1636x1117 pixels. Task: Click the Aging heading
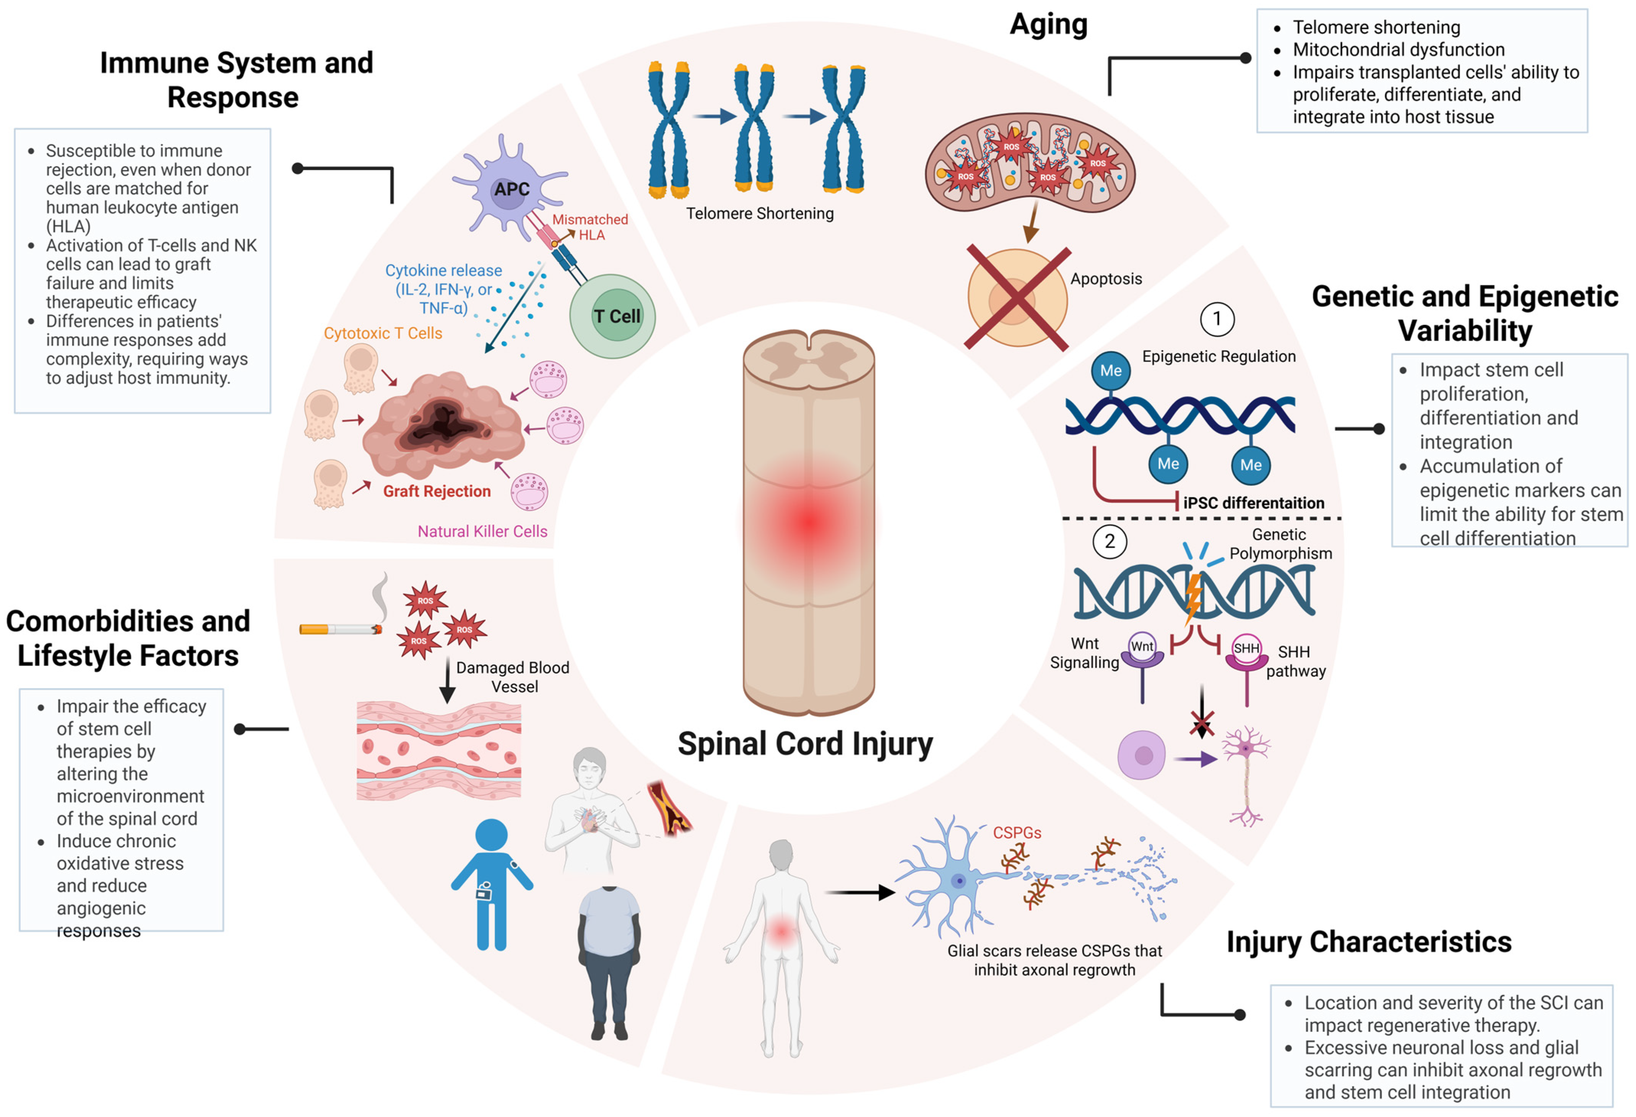(1048, 24)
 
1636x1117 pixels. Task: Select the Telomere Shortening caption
(760, 213)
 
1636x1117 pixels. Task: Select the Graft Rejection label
(437, 491)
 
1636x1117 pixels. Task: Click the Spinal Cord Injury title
(805, 744)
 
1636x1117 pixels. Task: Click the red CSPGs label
(1017, 833)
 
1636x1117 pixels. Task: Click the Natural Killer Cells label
(482, 531)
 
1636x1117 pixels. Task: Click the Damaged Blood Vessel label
(512, 676)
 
